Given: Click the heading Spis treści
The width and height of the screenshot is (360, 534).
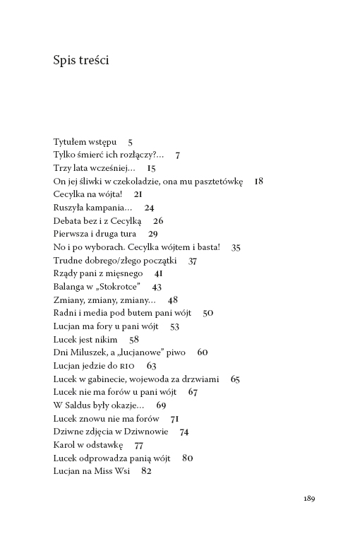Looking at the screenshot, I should (80, 61).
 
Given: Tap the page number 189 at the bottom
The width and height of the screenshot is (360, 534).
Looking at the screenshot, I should (309, 498).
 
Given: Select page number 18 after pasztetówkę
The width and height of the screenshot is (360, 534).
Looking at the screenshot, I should (258, 182).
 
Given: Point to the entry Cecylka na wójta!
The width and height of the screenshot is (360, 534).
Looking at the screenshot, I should (88, 194).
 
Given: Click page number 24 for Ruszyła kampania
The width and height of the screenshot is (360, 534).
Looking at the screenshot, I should (149, 208).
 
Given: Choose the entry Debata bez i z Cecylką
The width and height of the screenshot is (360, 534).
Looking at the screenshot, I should (97, 221).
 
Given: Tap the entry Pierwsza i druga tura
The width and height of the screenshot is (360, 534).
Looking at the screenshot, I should (95, 234).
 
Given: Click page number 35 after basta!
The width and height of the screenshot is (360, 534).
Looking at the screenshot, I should (236, 247).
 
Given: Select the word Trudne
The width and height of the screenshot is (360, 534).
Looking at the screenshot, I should (68, 261).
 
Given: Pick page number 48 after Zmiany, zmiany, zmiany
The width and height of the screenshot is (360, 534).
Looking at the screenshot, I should (173, 300).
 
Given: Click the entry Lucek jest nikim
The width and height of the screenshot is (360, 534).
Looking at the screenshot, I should (85, 340).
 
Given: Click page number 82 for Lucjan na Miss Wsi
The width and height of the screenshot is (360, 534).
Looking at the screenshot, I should (146, 471).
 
